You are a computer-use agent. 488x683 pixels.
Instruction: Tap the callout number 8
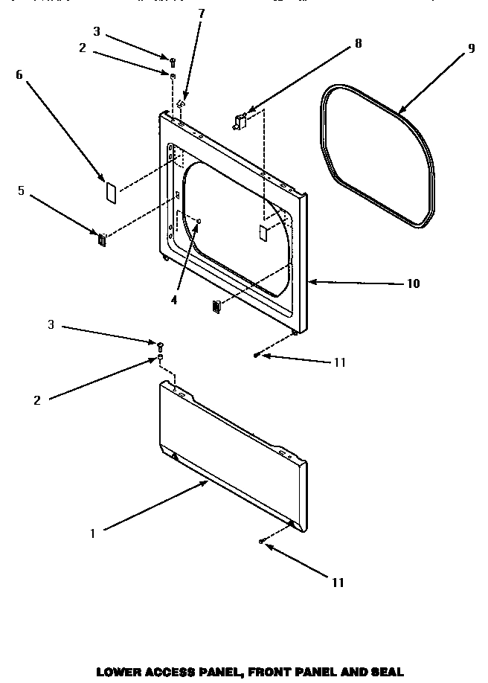359,44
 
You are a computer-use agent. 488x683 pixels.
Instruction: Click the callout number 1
92,533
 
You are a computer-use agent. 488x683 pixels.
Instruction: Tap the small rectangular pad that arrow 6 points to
109,191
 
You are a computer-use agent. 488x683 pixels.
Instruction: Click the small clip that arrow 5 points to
102,239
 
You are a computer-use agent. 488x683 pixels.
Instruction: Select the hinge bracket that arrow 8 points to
240,121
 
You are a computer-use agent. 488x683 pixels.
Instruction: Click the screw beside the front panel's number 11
257,356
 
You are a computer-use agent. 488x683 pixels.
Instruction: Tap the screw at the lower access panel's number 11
262,542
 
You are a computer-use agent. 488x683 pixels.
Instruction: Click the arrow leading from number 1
156,507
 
